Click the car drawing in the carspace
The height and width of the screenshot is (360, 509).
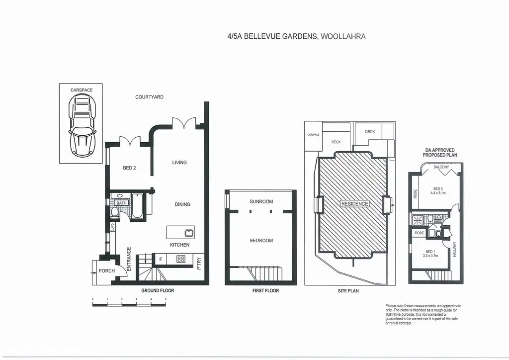click(x=81, y=125)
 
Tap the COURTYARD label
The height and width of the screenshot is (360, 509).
click(x=149, y=97)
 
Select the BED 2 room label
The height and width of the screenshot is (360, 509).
click(x=129, y=168)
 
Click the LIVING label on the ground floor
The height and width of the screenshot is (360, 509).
click(x=179, y=163)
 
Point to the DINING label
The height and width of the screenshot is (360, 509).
click(x=182, y=204)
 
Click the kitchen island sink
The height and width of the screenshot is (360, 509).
click(x=188, y=232)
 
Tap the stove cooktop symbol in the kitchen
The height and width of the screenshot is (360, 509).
click(x=181, y=259)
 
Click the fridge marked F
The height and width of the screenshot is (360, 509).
click(x=160, y=259)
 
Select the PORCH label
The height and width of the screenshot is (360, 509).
click(x=107, y=271)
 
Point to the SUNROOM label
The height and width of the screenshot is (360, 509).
click(x=261, y=201)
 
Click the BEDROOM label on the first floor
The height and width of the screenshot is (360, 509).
click(x=261, y=241)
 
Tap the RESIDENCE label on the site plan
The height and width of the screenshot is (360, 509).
click(x=355, y=204)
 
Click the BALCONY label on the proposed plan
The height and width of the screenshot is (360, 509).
click(x=441, y=167)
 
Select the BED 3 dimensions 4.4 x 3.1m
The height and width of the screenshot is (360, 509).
click(x=438, y=193)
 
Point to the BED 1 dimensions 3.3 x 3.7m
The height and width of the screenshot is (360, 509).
click(x=430, y=256)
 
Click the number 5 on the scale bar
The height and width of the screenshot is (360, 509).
click(x=166, y=299)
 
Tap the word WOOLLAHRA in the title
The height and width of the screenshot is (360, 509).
click(x=343, y=36)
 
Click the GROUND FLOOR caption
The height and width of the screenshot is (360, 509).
click(x=158, y=290)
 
